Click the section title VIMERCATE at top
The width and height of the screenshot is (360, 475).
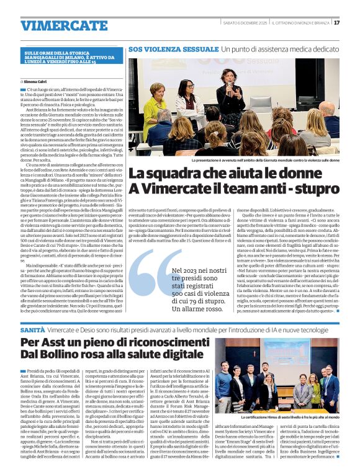point(55,25)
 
